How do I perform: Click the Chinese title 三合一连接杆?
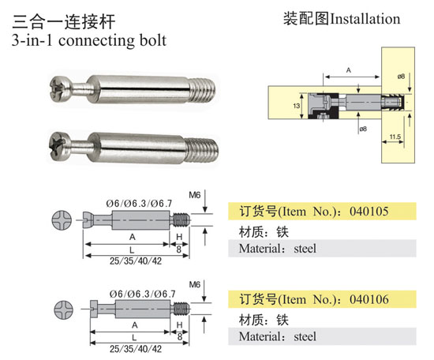[63, 22]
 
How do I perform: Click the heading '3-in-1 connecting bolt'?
[89, 40]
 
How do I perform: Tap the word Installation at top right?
[365, 19]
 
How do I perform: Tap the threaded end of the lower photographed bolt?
[202, 151]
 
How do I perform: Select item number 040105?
[369, 212]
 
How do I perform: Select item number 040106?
[369, 299]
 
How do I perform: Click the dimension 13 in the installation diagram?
[296, 106]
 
